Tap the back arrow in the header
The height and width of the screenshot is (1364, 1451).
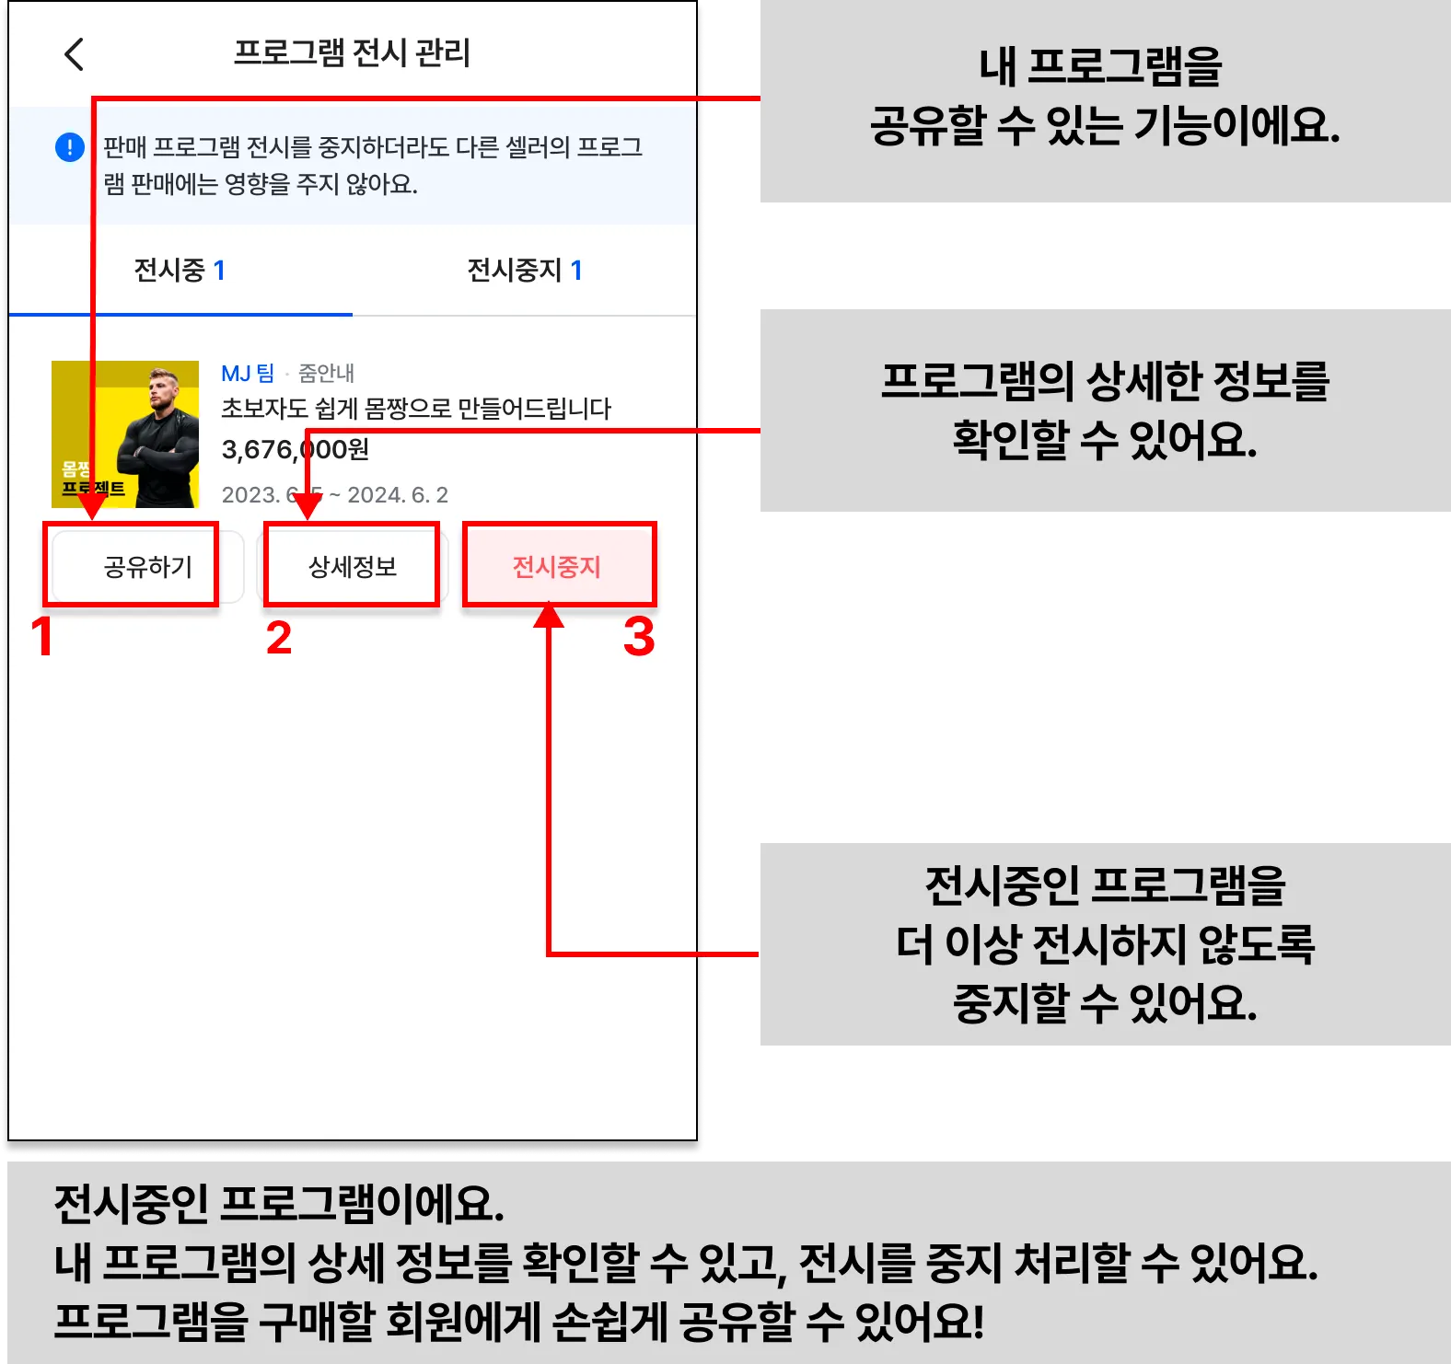(75, 54)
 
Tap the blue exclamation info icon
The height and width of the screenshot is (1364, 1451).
(70, 147)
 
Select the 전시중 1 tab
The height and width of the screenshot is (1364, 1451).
(180, 271)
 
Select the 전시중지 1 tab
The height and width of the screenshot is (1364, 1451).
(524, 271)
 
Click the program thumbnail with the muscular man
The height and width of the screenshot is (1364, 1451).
(125, 434)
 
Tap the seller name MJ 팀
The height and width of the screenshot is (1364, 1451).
(248, 373)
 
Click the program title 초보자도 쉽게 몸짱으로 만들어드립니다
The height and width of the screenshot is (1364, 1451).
(416, 409)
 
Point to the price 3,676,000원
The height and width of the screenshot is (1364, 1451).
(295, 449)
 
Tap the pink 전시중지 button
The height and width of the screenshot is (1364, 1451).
(558, 566)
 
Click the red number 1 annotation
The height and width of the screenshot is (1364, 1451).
(42, 637)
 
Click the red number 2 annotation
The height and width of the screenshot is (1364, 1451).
(279, 638)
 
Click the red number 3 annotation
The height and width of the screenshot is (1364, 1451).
(639, 637)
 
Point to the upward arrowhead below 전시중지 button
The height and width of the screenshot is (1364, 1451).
(549, 616)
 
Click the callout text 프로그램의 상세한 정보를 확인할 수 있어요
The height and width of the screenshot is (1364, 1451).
(1105, 410)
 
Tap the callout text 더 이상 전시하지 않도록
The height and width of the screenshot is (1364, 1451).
(1105, 943)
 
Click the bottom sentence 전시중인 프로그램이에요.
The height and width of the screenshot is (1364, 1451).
(279, 1204)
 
